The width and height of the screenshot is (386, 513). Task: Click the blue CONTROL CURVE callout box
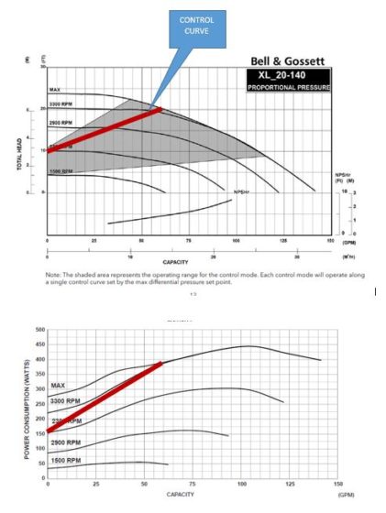(x=194, y=30)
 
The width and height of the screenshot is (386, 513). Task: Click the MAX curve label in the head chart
(x=54, y=90)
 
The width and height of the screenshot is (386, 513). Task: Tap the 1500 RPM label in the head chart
(x=61, y=170)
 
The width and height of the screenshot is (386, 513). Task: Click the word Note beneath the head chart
(x=52, y=273)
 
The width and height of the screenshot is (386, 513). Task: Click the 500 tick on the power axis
(x=39, y=329)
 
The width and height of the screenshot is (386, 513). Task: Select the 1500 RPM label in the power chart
(x=67, y=459)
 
